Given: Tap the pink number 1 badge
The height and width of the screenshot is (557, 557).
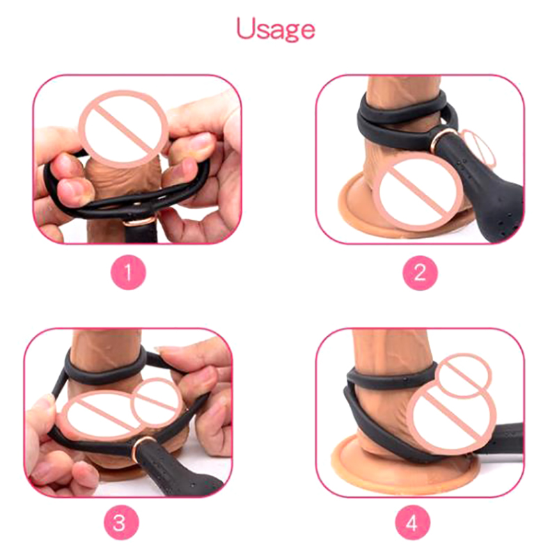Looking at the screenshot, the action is pyautogui.click(x=128, y=273).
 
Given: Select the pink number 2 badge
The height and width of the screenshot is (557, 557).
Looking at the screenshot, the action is pyautogui.click(x=420, y=273).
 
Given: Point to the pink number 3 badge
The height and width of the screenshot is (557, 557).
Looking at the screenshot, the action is pyautogui.click(x=120, y=523).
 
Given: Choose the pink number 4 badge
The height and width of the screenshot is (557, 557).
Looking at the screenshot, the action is pyautogui.click(x=412, y=523).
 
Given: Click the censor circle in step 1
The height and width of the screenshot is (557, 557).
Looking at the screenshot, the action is pyautogui.click(x=123, y=129).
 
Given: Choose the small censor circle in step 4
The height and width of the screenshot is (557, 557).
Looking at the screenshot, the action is pyautogui.click(x=465, y=375).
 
